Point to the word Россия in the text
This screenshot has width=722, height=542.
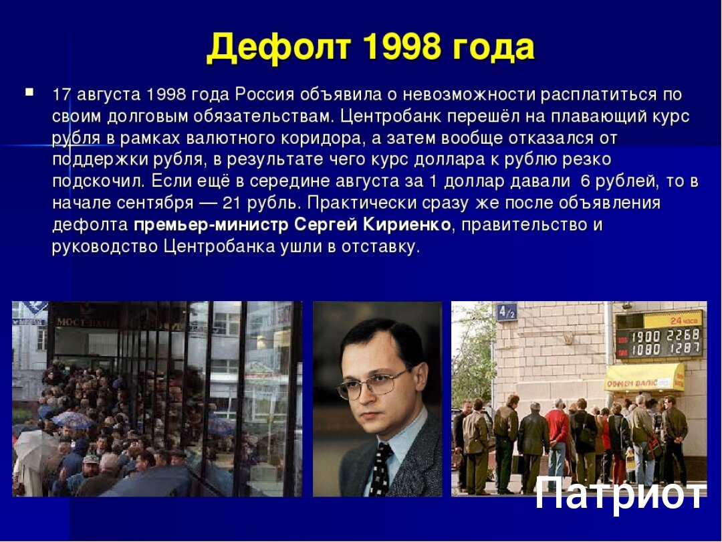264,94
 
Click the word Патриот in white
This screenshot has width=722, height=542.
620,493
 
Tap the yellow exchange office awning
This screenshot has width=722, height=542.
644,377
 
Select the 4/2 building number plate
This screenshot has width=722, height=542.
507,312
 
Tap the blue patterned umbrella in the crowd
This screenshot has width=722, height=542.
73,419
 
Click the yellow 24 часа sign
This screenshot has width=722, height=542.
673,319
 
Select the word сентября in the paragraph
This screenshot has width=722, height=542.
155,203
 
